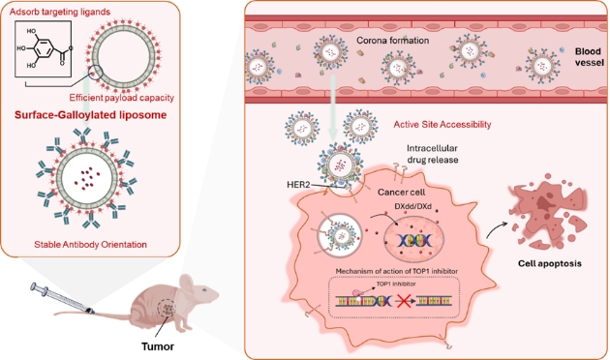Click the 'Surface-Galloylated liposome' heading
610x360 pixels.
pos(91,115)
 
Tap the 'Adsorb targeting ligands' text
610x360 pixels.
pos(60,12)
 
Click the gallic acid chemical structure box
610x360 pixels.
pos(43,48)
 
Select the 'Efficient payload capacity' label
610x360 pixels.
pos(121,98)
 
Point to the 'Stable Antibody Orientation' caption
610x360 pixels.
pos(91,245)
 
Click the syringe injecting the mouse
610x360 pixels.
pos(62,299)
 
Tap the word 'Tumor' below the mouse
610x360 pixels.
pos(158,346)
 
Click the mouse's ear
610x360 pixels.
pos(187,284)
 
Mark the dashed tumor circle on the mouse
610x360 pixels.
pos(168,309)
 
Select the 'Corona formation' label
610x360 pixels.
pos(392,41)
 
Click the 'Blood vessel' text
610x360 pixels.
pos(590,57)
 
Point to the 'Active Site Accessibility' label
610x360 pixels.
pos(442,125)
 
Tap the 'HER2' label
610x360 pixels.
pos(298,184)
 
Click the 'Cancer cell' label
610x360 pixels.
pos(402,192)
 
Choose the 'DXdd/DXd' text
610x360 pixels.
pos(412,206)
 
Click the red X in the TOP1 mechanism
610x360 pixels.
pos(404,301)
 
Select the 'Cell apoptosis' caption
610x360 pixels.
pos(550,263)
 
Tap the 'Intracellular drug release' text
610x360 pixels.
pos(432,154)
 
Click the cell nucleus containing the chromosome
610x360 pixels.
pos(414,239)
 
